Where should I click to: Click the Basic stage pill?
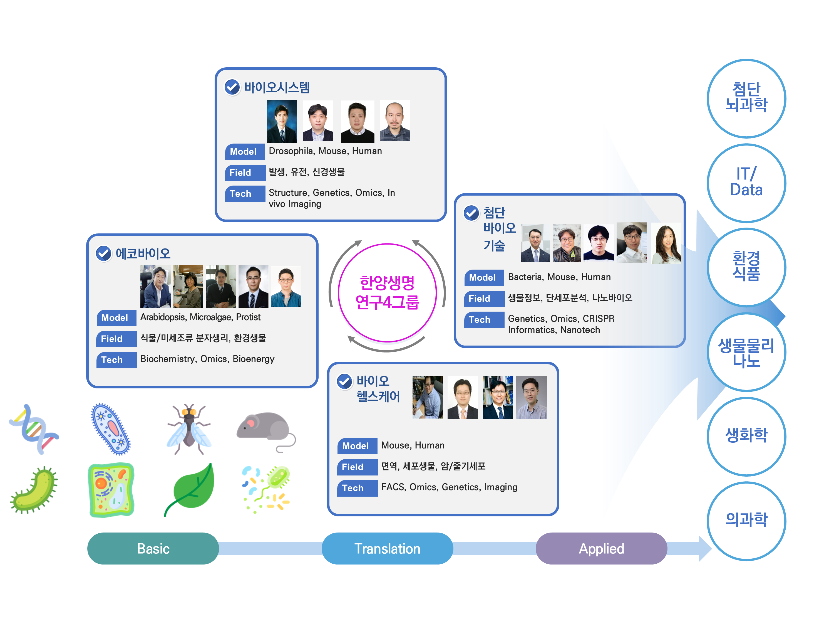pyautogui.click(x=153, y=548)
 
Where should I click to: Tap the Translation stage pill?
pyautogui.click(x=387, y=548)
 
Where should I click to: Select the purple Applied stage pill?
pyautogui.click(x=601, y=548)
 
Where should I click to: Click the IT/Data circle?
pyautogui.click(x=746, y=183)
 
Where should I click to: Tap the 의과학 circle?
pyautogui.click(x=746, y=520)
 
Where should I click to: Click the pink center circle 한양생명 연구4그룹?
pyautogui.click(x=387, y=292)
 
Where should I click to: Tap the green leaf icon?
pyautogui.click(x=190, y=489)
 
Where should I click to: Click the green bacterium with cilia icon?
pyautogui.click(x=34, y=489)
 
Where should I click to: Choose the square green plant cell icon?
pyautogui.click(x=111, y=489)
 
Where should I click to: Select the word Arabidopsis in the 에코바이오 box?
pyautogui.click(x=163, y=317)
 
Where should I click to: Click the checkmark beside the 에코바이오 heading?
pyautogui.click(x=104, y=253)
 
